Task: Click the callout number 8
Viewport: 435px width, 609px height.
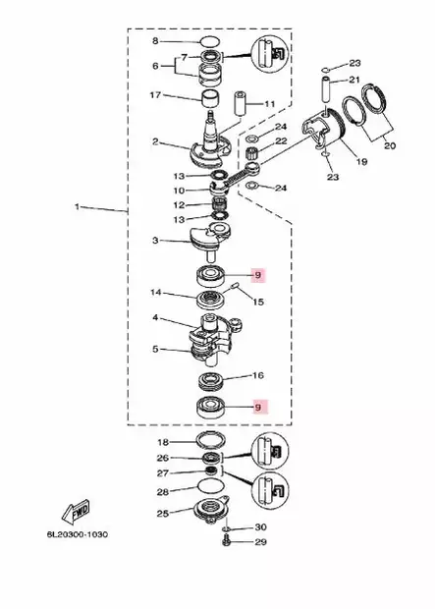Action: point(155,40)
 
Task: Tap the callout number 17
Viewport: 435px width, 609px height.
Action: point(155,94)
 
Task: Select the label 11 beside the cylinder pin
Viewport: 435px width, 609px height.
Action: point(270,104)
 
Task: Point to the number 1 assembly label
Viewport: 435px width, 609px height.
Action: point(77,207)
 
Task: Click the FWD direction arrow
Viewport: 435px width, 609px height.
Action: point(76,512)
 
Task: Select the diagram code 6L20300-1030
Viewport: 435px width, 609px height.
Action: point(78,534)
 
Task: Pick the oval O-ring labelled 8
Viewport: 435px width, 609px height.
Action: point(210,41)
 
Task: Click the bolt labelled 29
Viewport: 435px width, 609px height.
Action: point(227,540)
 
